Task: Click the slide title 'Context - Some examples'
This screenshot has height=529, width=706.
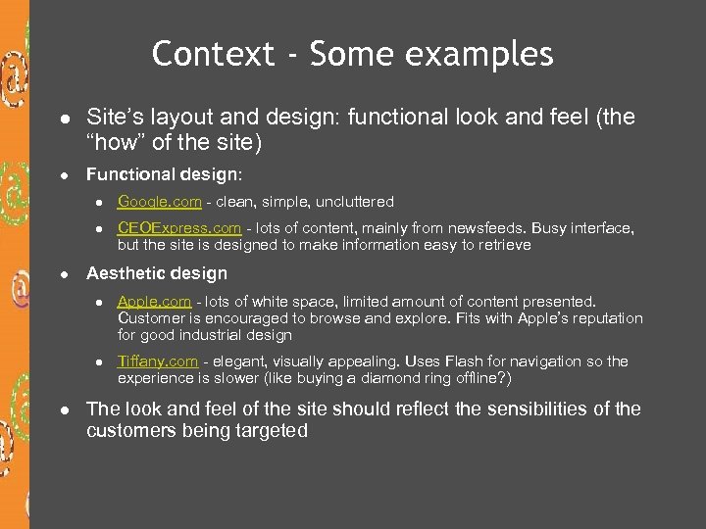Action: pyautogui.click(x=352, y=54)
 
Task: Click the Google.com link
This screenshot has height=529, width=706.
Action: pyautogui.click(x=160, y=202)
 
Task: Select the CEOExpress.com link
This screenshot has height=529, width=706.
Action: pyautogui.click(x=179, y=228)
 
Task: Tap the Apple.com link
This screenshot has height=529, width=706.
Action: pyautogui.click(x=153, y=302)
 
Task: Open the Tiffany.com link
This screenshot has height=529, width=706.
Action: pyautogui.click(x=158, y=361)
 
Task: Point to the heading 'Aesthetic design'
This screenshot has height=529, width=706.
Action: pyautogui.click(x=157, y=274)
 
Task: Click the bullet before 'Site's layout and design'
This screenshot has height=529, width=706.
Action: pyautogui.click(x=62, y=119)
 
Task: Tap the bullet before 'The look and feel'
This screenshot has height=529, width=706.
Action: pyautogui.click(x=62, y=409)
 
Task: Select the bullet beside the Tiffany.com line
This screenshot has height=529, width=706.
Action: pyautogui.click(x=98, y=362)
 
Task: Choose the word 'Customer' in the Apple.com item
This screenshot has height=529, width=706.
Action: pyautogui.click(x=150, y=318)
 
